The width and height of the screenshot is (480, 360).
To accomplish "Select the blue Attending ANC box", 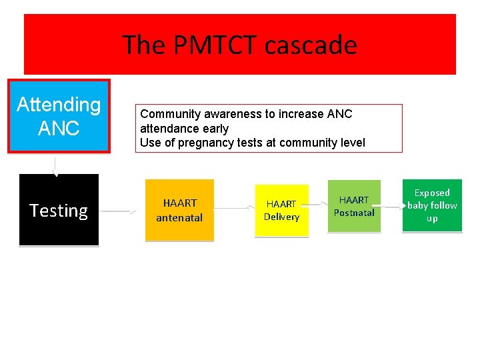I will pyautogui.click(x=59, y=117).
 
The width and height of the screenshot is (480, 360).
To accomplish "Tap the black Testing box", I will pyautogui.click(x=59, y=210).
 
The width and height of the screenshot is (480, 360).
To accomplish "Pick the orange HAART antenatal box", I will pyautogui.click(x=179, y=210).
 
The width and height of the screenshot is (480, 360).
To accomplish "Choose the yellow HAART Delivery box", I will pyautogui.click(x=281, y=210).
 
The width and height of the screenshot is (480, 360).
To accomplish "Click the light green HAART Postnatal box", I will pyautogui.click(x=353, y=206).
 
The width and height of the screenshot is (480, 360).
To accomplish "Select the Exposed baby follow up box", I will pyautogui.click(x=432, y=205).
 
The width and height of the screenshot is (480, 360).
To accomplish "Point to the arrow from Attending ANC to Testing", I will pyautogui.click(x=56, y=165).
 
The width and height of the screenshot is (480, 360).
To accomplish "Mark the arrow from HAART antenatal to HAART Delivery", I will pyautogui.click(x=233, y=208).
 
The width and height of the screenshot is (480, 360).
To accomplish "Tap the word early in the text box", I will pyautogui.click(x=215, y=128).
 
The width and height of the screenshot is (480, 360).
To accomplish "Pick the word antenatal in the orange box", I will pyautogui.click(x=179, y=217).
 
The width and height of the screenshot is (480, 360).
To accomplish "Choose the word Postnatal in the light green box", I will pyautogui.click(x=354, y=213).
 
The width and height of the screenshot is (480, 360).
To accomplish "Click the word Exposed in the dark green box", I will pyautogui.click(x=432, y=193).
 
